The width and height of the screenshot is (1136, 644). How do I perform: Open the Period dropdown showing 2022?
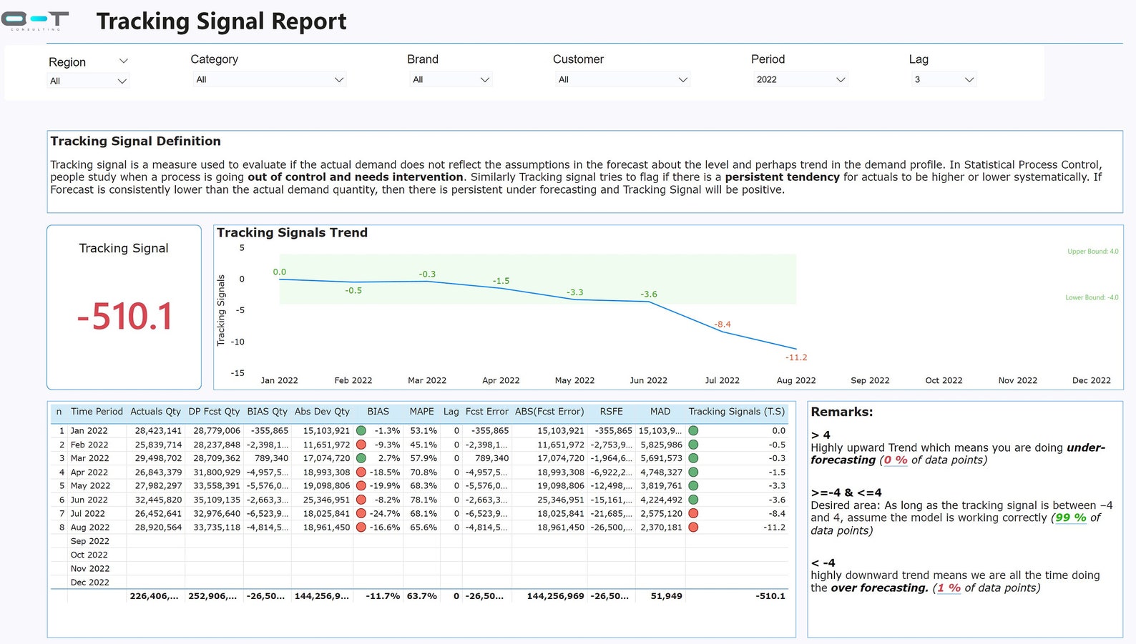[x=800, y=79]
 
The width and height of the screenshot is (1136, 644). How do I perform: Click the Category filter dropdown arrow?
[x=339, y=79]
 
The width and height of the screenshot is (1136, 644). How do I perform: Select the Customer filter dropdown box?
[x=622, y=79]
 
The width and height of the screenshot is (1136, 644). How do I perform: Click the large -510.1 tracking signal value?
[x=124, y=317]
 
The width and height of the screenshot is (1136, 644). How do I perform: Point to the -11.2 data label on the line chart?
[x=795, y=357]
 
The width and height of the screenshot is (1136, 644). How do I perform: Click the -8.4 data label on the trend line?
[x=723, y=325]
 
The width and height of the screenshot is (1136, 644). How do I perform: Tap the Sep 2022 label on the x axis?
[x=870, y=380]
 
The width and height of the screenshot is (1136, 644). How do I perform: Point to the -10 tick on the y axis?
[x=238, y=342]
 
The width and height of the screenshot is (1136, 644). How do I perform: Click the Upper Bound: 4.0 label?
[x=1092, y=252]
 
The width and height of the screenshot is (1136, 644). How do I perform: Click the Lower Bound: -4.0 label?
[x=1091, y=297]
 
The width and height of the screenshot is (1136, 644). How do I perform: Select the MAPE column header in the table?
[x=421, y=412]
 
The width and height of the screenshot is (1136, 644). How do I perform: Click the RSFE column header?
[x=611, y=412]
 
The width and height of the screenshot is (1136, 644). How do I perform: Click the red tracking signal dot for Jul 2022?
[x=693, y=513]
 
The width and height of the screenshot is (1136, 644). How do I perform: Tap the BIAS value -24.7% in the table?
[x=385, y=513]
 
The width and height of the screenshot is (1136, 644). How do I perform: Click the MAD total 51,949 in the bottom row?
[x=666, y=596]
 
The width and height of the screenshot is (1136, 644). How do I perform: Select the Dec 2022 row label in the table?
[x=90, y=583]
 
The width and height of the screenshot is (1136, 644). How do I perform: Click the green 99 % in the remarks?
[x=1070, y=517]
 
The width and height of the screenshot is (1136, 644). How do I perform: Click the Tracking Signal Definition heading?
[x=135, y=142]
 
